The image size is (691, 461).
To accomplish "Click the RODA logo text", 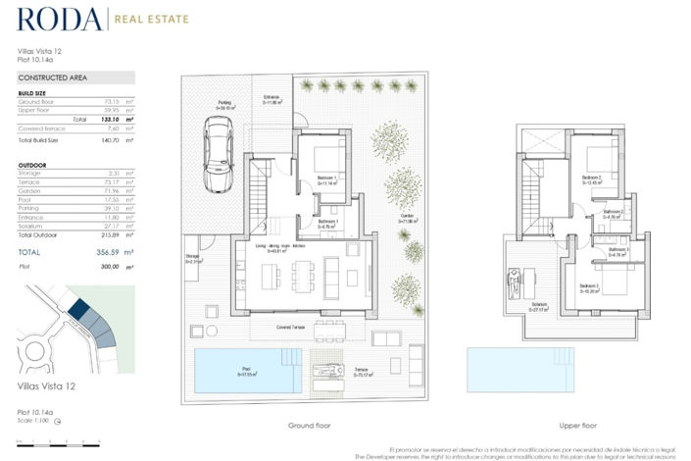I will coord(59,20).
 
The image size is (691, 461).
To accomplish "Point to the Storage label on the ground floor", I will coord(192,259).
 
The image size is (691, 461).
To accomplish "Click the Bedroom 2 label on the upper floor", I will coord(590,179).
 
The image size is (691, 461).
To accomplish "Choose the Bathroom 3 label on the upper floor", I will coord(618,252).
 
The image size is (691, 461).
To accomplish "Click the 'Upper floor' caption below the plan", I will coord(576,426).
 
